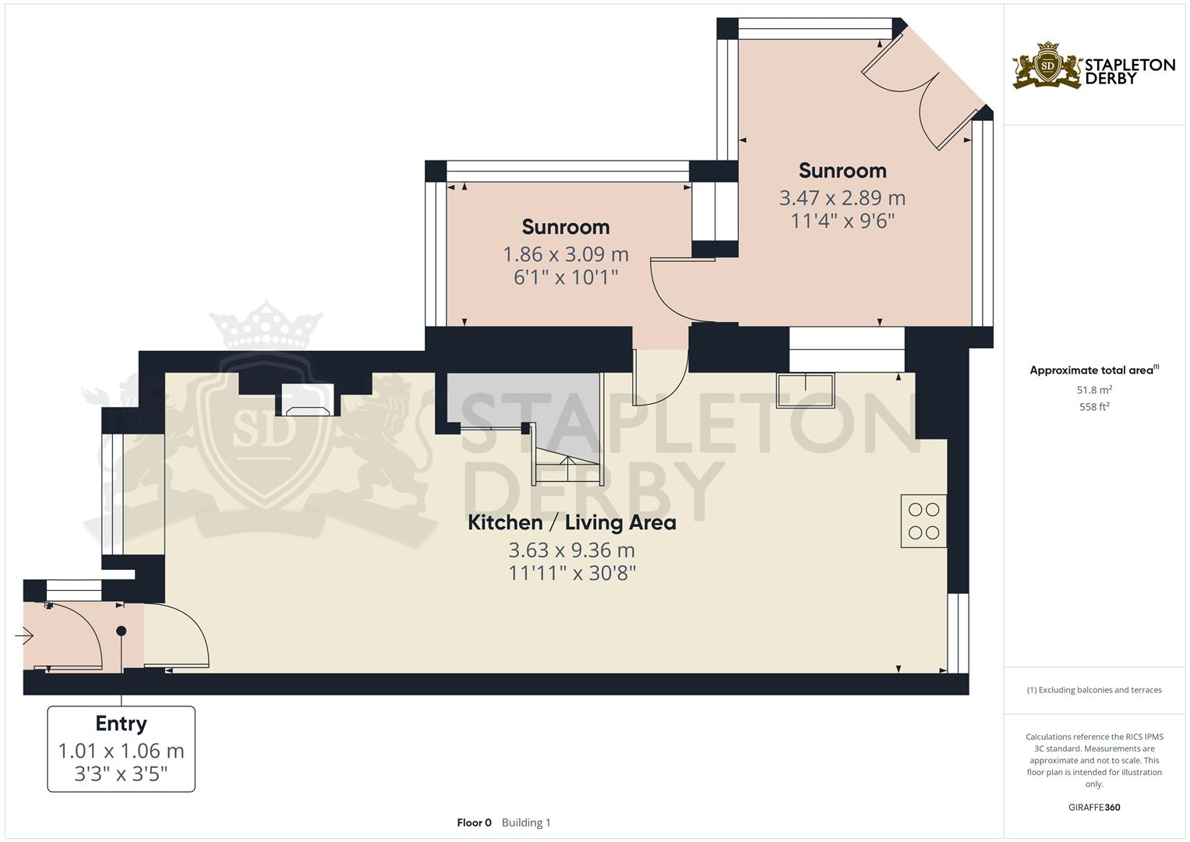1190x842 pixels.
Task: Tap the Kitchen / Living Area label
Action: tap(571, 522)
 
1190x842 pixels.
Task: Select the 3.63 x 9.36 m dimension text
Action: tap(571, 550)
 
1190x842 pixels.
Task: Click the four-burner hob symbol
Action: tap(923, 521)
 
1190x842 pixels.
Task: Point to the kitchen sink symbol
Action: tap(805, 391)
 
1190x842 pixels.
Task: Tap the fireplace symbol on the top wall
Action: tap(308, 401)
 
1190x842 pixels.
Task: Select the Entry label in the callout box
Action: tap(121, 723)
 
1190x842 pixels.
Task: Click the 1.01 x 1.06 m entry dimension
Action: tap(121, 751)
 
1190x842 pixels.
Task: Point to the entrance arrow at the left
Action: tap(24, 637)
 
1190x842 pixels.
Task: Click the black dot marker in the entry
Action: tap(121, 631)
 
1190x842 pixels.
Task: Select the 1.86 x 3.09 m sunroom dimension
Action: tap(566, 254)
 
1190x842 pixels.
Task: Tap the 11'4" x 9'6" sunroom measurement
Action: tap(842, 221)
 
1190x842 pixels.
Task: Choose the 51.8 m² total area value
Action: tap(1094, 390)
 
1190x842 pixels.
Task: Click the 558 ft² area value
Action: tap(1094, 406)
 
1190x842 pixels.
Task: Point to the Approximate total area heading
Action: tap(1093, 370)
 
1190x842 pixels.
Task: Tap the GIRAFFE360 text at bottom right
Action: tap(1094, 807)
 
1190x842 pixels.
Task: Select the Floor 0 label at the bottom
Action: tap(474, 823)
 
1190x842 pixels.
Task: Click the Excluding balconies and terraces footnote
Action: tap(1094, 690)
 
